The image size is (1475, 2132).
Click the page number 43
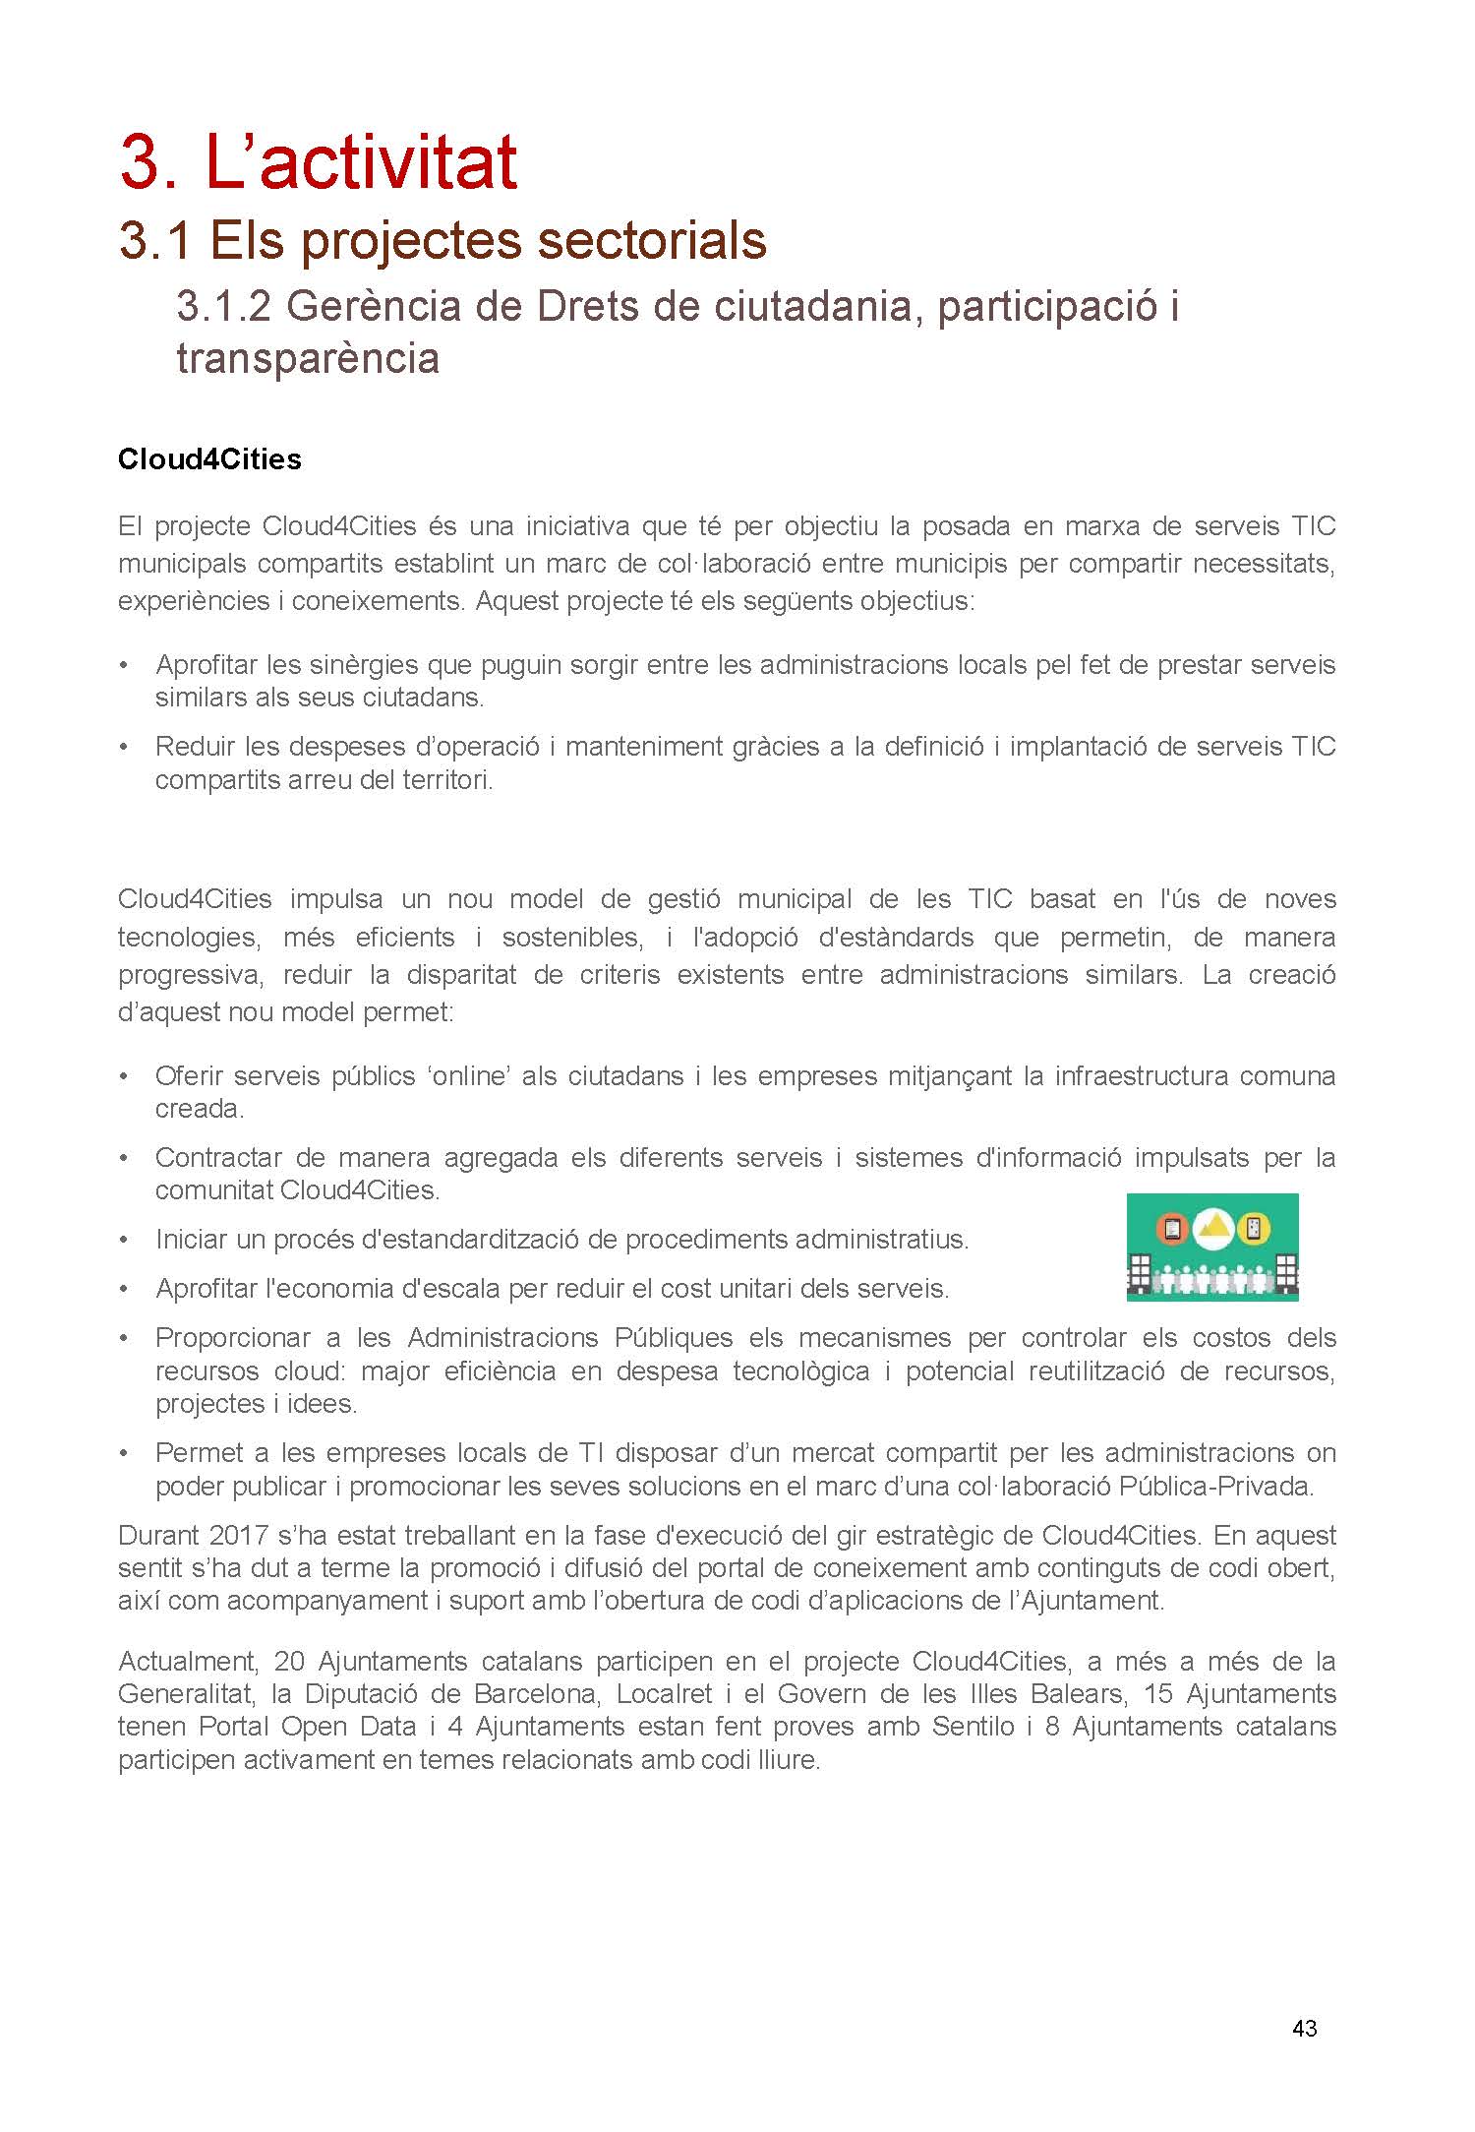tap(1304, 2028)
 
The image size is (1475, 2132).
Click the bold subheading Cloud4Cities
tap(209, 459)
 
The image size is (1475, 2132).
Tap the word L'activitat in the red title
tap(361, 162)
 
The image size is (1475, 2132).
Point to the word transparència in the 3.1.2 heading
tap(308, 357)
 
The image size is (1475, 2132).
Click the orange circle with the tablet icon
tap(1171, 1229)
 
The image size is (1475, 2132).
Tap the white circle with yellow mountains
tap(1213, 1228)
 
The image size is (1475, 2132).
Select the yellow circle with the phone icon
tap(1256, 1229)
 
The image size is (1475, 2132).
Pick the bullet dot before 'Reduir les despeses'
tap(123, 748)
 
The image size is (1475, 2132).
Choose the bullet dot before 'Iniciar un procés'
tap(123, 1241)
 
